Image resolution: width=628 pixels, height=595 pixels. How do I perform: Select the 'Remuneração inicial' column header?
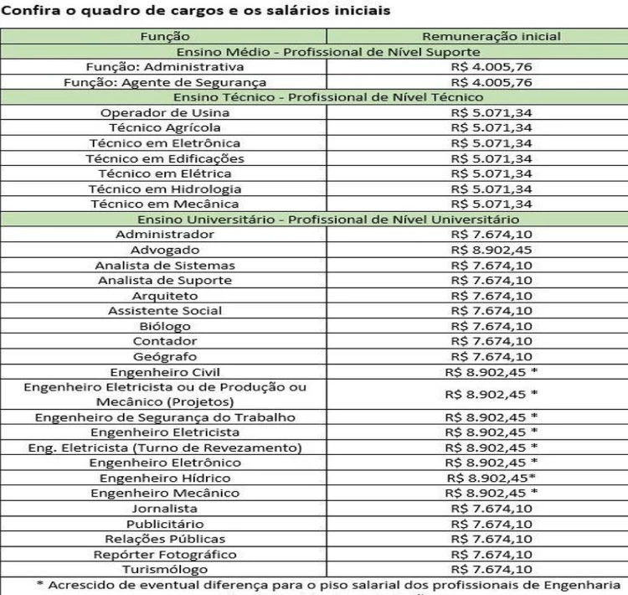click(491, 36)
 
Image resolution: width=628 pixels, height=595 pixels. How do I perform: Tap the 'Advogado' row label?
click(165, 250)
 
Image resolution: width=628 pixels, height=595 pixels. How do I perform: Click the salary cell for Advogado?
click(491, 250)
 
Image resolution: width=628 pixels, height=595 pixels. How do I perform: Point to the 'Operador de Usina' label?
click(165, 112)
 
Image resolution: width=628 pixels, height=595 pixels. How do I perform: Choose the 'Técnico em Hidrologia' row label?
click(165, 189)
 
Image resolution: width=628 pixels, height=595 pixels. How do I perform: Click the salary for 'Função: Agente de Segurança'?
click(491, 82)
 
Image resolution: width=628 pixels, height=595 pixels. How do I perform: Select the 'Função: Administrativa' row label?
click(165, 66)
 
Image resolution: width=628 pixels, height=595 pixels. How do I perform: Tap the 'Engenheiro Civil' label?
click(165, 371)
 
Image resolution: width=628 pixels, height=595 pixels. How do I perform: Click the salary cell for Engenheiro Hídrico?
click(491, 478)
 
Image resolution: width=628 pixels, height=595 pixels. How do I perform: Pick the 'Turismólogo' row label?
click(165, 569)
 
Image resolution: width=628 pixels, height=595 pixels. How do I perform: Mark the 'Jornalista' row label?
click(165, 508)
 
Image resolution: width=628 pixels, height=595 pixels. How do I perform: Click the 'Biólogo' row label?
click(165, 326)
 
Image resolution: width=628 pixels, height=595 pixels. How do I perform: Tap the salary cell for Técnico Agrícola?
click(491, 127)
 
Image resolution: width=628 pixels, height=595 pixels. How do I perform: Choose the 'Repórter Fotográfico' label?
click(165, 554)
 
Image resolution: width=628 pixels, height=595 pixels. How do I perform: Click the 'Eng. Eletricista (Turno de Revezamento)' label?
click(165, 448)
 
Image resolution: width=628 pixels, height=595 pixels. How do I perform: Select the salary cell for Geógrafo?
click(491, 356)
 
